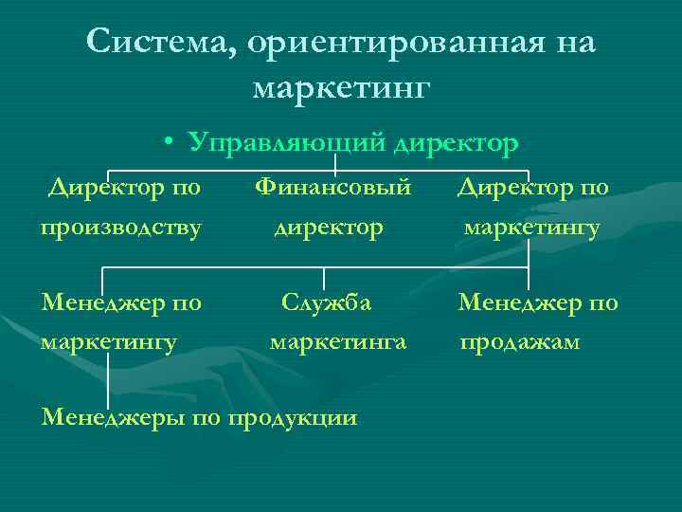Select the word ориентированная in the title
[x=365, y=42]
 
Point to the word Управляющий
[x=285, y=142]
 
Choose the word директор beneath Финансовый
[x=329, y=228]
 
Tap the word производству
[x=120, y=228]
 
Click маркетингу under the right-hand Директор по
[x=531, y=228]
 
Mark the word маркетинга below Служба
[x=338, y=340]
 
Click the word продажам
[x=520, y=340]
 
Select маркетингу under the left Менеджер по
[x=109, y=340]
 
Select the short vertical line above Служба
[x=325, y=278]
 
